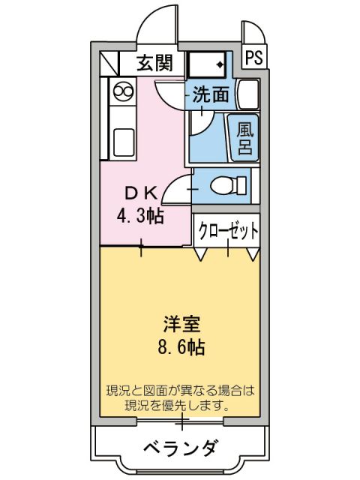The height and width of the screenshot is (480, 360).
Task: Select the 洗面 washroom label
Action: tap(211, 95)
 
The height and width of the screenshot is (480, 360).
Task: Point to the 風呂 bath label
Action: tap(245, 137)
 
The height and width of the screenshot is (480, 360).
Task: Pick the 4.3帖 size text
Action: tap(140, 216)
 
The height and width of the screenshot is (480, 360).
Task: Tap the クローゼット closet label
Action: tap(229, 231)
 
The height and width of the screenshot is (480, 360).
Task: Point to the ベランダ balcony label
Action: tap(180, 449)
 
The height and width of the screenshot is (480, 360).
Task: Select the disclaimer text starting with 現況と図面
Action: tap(180, 398)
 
